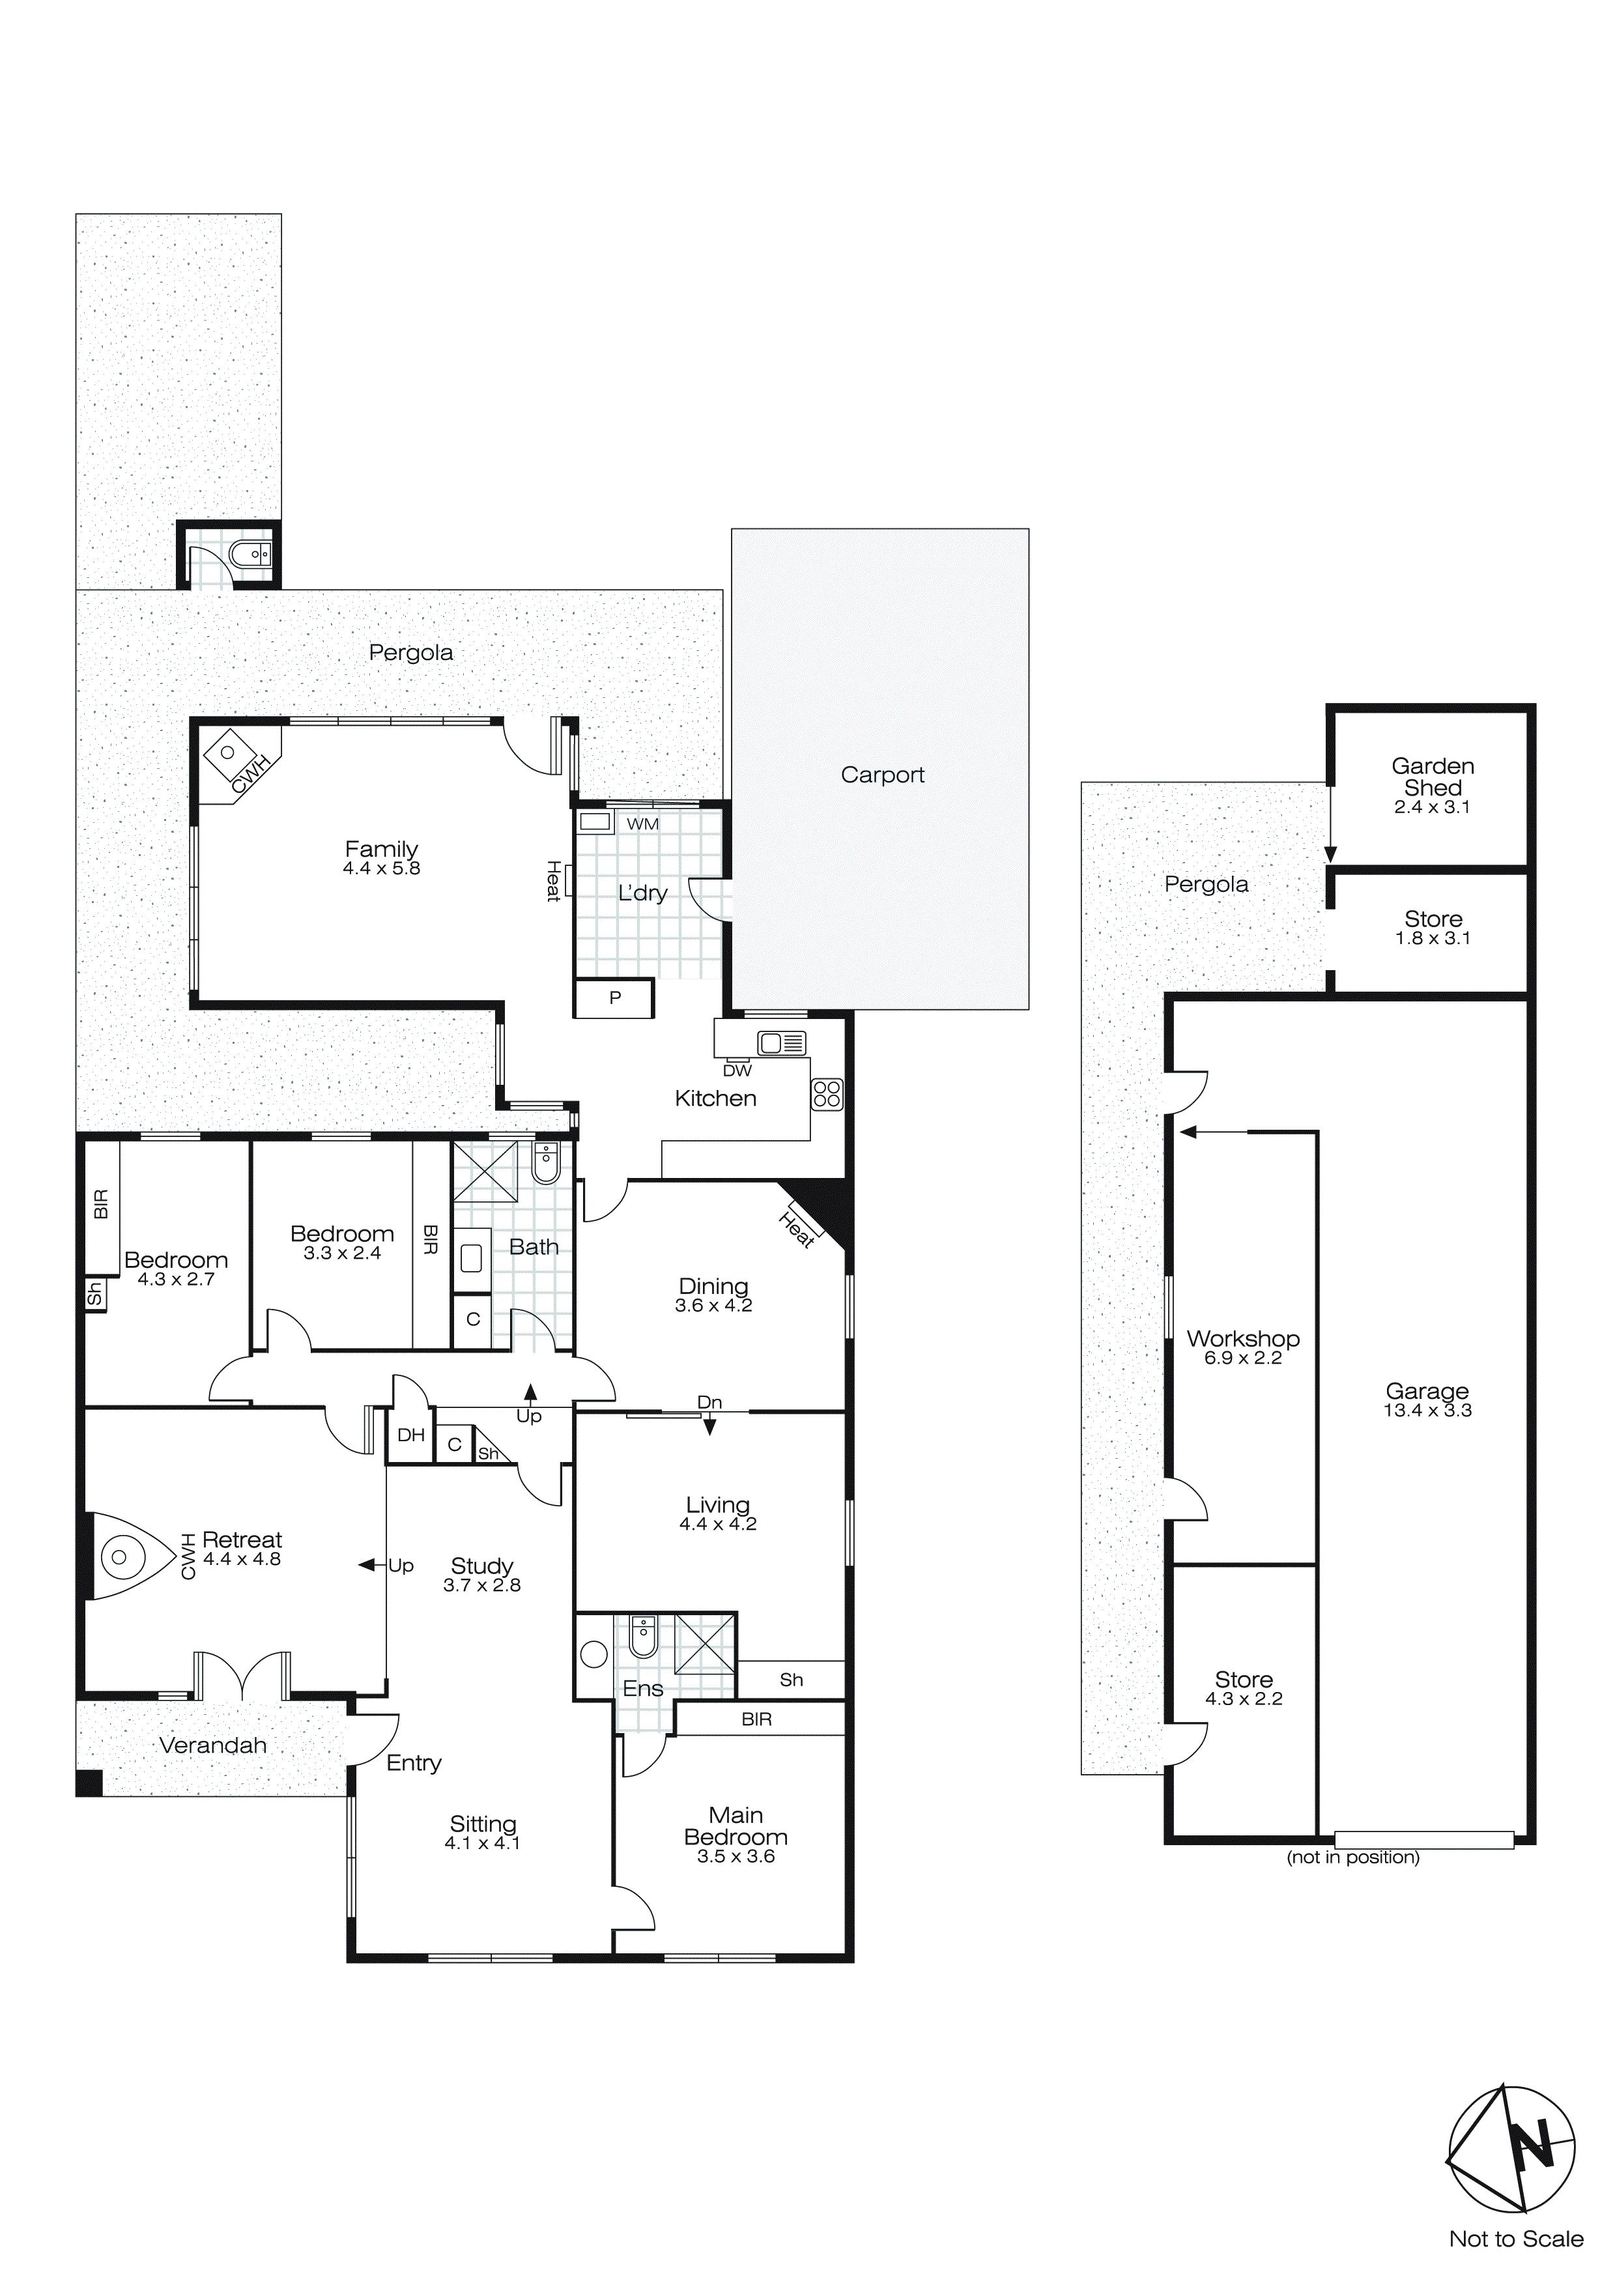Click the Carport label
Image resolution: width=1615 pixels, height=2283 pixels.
click(x=882, y=775)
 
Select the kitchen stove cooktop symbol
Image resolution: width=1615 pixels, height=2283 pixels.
click(x=827, y=1094)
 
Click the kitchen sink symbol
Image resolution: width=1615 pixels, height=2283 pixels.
click(x=782, y=1043)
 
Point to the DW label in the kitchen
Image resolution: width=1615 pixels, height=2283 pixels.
click(x=737, y=1071)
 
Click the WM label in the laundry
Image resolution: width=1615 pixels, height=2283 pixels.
click(x=642, y=824)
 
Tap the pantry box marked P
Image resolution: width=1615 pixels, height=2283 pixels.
click(x=614, y=998)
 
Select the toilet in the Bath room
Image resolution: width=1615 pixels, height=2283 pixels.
click(x=546, y=1162)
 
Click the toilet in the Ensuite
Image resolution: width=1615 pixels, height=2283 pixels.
click(x=644, y=1638)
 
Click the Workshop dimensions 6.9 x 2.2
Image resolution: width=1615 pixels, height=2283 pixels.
click(x=1242, y=1358)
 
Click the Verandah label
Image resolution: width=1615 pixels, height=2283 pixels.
click(x=213, y=1745)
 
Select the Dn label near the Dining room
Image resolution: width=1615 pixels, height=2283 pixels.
click(x=709, y=1402)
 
